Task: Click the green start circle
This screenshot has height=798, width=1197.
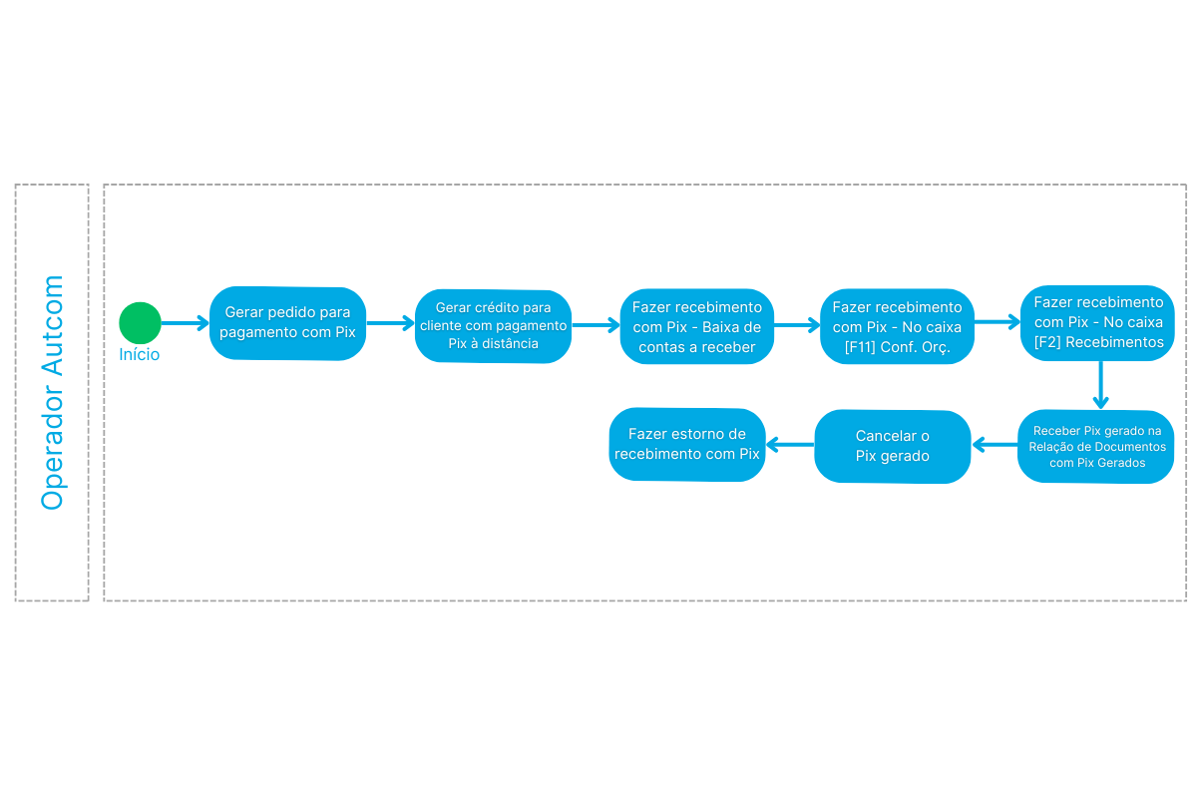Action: click(140, 323)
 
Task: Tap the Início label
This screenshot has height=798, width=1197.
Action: click(139, 354)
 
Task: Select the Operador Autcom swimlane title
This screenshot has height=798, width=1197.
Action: click(52, 392)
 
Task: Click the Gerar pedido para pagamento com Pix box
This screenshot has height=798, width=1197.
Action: click(287, 323)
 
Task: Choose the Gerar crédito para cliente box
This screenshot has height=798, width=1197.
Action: click(493, 326)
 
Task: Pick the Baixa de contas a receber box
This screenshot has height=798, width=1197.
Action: click(697, 326)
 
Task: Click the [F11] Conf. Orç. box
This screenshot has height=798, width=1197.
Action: click(897, 326)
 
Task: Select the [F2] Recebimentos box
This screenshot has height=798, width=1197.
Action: click(1098, 323)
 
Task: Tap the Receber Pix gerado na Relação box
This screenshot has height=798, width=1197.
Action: click(1096, 446)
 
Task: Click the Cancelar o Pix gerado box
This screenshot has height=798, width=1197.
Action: click(893, 446)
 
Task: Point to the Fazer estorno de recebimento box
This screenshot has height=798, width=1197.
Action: click(687, 444)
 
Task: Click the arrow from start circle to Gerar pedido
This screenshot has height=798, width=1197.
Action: click(185, 323)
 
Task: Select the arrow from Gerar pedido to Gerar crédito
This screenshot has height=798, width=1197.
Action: click(391, 323)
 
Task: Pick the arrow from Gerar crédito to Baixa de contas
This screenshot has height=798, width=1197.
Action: click(596, 325)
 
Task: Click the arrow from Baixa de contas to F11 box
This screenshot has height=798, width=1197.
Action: click(797, 325)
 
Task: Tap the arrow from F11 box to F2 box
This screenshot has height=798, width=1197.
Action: click(997, 322)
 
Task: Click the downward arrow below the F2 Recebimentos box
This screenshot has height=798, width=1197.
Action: click(1101, 385)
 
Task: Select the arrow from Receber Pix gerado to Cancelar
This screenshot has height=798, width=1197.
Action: click(996, 444)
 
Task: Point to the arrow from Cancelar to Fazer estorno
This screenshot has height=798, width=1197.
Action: click(790, 444)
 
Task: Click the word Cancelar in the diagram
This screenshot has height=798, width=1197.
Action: click(886, 436)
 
